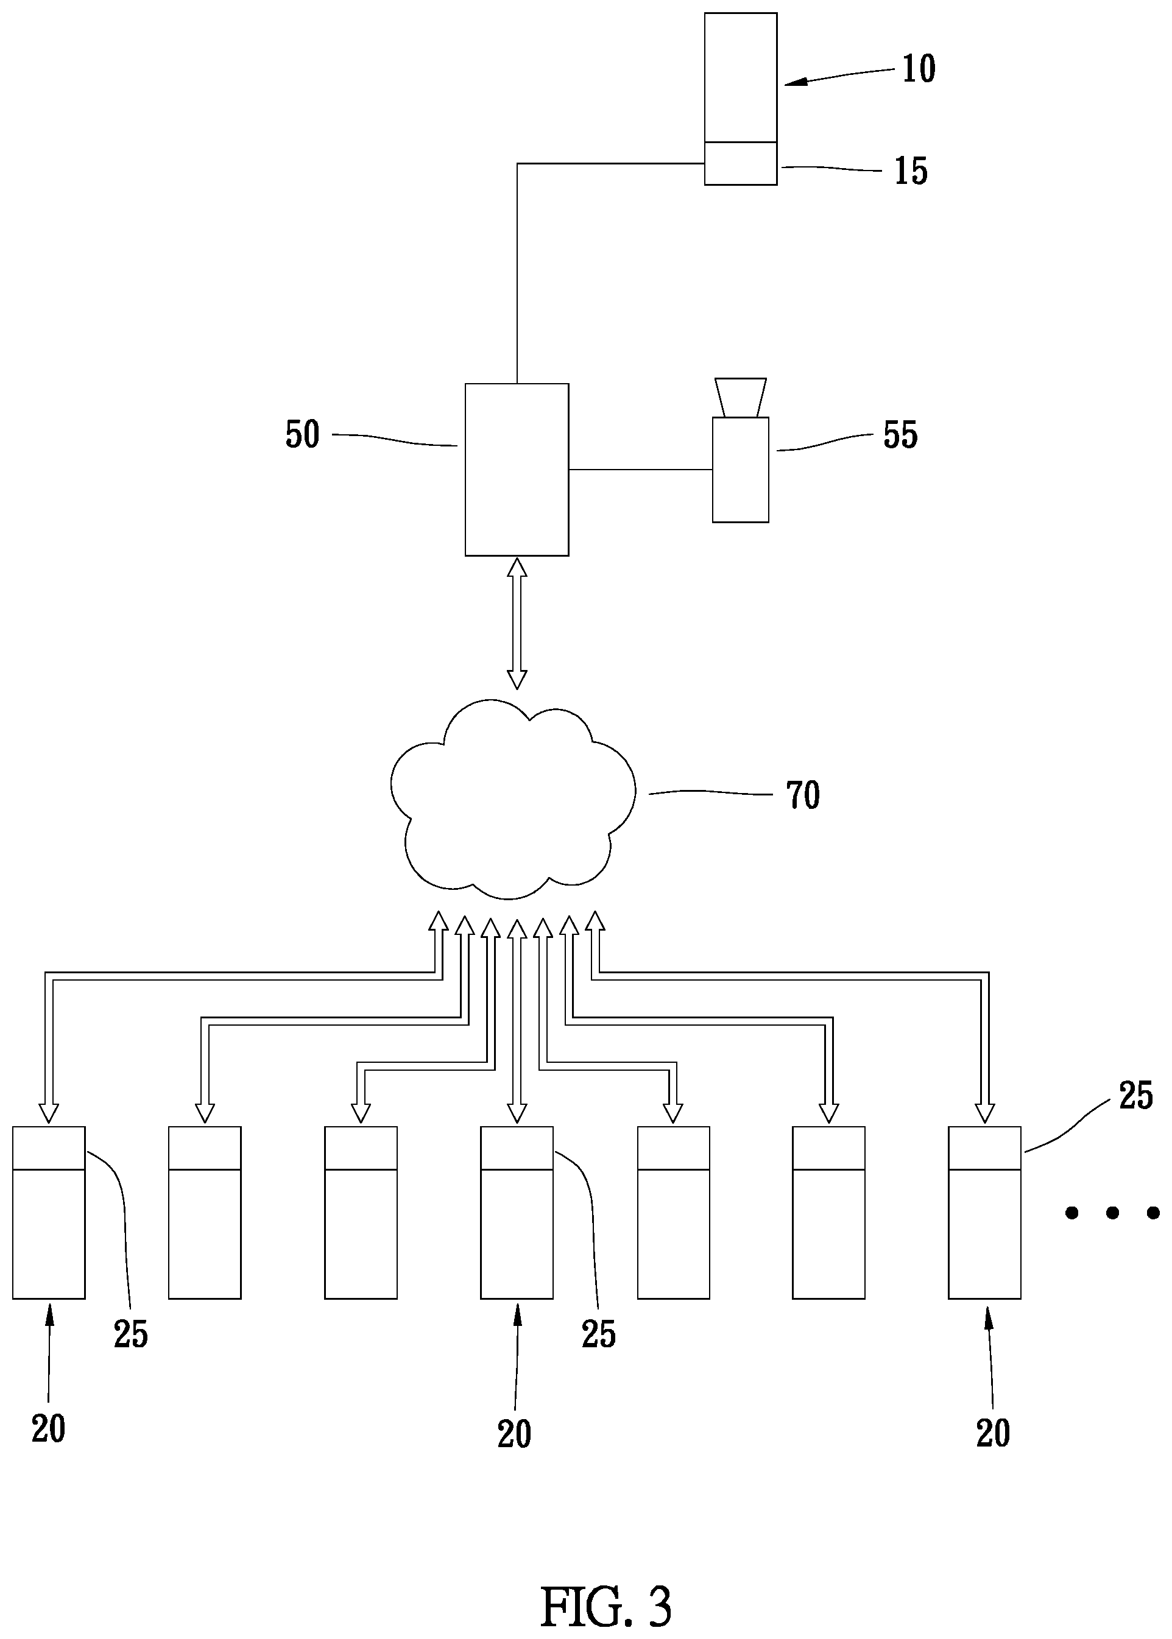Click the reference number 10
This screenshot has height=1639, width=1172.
919,69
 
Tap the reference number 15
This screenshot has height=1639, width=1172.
911,172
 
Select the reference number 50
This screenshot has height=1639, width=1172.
302,435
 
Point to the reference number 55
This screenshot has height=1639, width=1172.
901,435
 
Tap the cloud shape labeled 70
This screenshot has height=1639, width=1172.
513,798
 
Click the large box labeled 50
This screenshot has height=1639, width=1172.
517,470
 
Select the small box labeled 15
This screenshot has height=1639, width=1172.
741,164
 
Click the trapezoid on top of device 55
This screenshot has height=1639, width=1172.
741,397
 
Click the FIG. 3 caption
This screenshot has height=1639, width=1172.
606,1587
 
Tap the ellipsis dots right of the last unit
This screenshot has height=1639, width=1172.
1112,1213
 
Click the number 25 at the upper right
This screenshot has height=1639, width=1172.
1136,1096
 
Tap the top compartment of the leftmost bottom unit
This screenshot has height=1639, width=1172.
49,1147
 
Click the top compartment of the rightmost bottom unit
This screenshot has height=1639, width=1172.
984,1147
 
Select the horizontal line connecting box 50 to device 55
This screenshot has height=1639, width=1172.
641,470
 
